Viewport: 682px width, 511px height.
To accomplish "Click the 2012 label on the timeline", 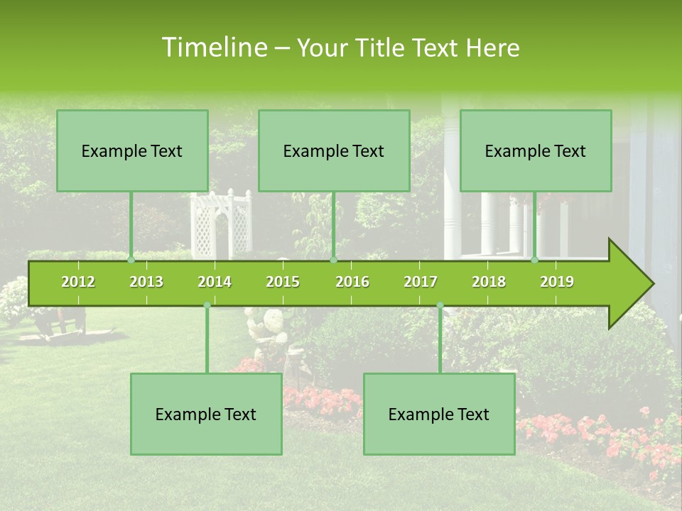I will point(78,282).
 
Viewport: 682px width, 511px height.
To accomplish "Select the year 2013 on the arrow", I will point(146,282).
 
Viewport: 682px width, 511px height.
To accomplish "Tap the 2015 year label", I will point(283,282).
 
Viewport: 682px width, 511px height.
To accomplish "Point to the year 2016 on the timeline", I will point(352,282).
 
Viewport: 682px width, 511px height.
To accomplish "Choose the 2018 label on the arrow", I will point(489,282).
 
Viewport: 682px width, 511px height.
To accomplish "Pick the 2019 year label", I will point(557,282).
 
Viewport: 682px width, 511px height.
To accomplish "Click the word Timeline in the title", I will point(213,48).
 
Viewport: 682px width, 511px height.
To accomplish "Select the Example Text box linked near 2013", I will point(132,150).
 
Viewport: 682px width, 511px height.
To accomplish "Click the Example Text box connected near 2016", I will point(334,150).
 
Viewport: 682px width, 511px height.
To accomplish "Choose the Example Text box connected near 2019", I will point(536,150).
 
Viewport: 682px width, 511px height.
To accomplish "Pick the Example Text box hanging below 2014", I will point(206,414).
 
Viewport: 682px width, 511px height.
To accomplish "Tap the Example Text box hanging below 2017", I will point(439,414).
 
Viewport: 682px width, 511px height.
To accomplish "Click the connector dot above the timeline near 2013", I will point(131,260).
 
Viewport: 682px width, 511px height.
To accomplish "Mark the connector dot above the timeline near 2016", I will point(333,260).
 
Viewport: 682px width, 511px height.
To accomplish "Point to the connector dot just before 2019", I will point(535,260).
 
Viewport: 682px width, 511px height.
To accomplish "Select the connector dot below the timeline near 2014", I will point(207,305).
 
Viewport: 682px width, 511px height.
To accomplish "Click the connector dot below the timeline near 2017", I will point(440,305).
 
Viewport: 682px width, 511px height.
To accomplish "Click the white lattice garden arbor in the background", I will point(220,224).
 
